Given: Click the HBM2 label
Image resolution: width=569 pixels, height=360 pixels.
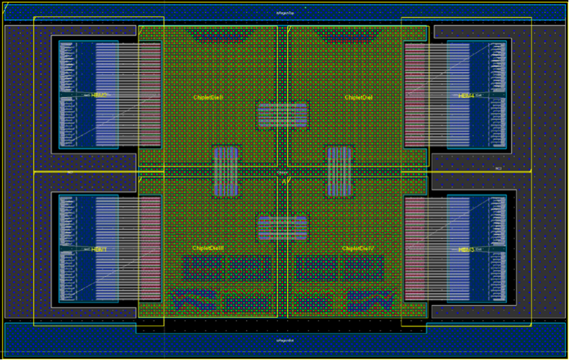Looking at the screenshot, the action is pos(99,95).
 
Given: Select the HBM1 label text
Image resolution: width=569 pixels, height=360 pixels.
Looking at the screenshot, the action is pos(99,249).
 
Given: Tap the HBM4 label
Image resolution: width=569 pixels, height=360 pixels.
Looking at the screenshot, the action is pos(466,96).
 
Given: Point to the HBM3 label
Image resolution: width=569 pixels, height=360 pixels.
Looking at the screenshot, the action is pos(466,249).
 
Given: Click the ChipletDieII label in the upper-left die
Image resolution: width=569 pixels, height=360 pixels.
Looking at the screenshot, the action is pos(208,98).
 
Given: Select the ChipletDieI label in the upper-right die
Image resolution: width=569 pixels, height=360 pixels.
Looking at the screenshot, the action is pos(359,98).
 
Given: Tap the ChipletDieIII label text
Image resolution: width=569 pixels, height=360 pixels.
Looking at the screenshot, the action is pos(208,248).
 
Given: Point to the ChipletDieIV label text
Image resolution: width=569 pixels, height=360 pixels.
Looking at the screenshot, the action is pos(358,248).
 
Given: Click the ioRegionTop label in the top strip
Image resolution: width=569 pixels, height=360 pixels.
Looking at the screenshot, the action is pos(286,13).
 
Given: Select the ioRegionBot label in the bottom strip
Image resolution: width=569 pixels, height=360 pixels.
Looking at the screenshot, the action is pos(286,341).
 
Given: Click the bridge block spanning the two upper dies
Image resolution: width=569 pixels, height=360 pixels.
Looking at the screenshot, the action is pos(283,115).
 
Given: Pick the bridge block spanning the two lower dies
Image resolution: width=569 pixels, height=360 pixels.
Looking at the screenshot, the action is pos(283,228).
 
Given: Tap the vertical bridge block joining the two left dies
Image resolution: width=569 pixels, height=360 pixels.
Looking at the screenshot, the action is pos(226,172).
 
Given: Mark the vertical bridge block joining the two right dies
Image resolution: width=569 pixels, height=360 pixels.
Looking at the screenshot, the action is pos(339,172).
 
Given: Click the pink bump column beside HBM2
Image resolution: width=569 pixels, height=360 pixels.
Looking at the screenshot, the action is pos(150,95).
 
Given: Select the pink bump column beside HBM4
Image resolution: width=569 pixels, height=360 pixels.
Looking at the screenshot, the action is pos(415,95).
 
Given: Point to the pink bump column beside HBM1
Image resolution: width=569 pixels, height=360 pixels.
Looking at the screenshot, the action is pos(150,248).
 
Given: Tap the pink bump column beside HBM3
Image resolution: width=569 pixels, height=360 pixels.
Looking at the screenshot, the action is pos(415,248).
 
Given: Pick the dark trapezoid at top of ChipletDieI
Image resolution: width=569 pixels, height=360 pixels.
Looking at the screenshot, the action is pos(346,36).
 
